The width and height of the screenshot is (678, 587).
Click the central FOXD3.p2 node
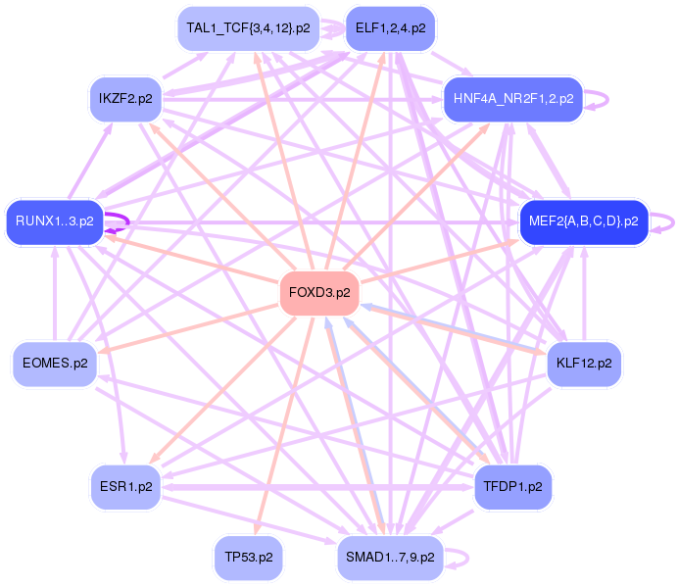coord(319,293)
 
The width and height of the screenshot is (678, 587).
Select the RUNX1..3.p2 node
coord(54,221)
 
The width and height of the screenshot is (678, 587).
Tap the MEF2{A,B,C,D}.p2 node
coord(583,221)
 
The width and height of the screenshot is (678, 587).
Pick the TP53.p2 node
coord(248,557)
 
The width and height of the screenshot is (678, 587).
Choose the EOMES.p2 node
coord(54,364)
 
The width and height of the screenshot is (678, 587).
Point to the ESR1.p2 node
coord(126,485)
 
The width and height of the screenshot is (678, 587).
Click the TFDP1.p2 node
coord(512,485)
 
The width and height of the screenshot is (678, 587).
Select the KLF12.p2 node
coord(583,364)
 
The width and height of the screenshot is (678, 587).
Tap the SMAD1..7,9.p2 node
coord(390,557)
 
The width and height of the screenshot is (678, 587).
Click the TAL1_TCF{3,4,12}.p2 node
coord(248,28)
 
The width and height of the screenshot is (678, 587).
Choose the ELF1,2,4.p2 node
coord(390,28)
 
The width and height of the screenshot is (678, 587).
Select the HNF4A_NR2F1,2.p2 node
coord(512,98)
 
